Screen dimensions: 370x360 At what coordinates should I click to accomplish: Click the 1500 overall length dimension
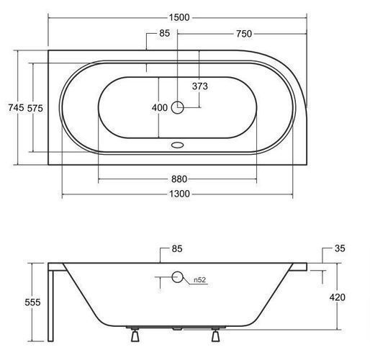[x=179, y=17]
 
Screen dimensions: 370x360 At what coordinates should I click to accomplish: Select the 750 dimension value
[x=244, y=34]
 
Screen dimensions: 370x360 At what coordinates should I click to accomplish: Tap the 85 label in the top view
[x=164, y=33]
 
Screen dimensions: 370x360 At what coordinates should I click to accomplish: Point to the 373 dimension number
[x=200, y=86]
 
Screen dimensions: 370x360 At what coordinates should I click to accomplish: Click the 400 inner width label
[x=160, y=107]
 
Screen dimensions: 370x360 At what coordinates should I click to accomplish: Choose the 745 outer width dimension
[x=16, y=107]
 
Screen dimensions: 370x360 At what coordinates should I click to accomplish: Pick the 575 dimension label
[x=35, y=108]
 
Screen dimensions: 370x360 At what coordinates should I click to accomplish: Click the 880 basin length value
[x=179, y=179]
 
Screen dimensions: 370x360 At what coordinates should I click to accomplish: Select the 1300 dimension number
[x=179, y=194]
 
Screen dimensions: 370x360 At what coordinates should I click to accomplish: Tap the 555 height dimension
[x=32, y=302]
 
